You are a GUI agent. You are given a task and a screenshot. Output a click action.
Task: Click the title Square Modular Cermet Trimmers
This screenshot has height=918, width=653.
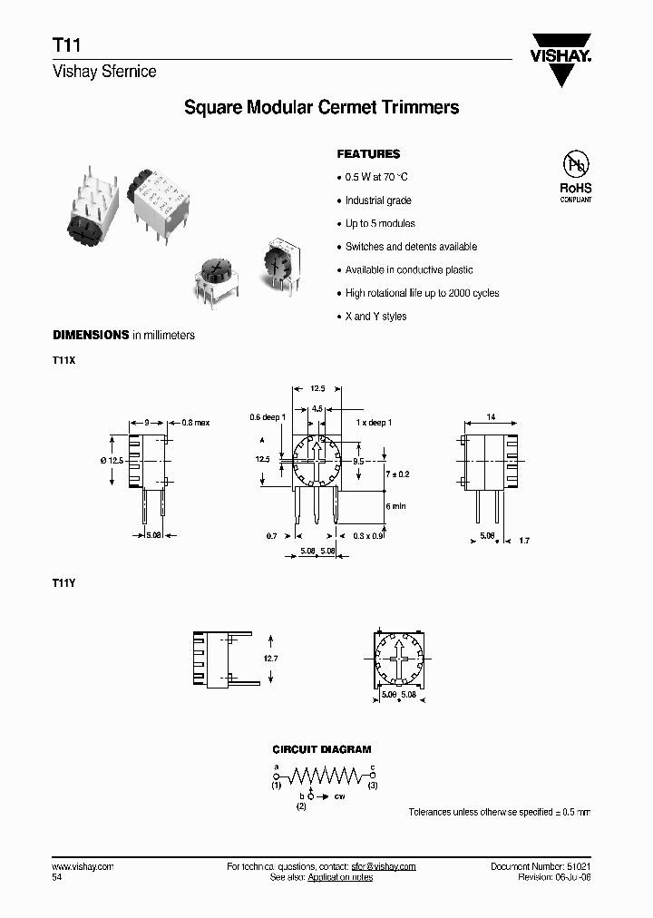click(x=321, y=108)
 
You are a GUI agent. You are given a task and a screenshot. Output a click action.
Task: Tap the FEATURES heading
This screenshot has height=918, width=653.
click(x=368, y=154)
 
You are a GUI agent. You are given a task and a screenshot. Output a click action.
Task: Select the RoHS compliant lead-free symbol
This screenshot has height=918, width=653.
click(x=575, y=176)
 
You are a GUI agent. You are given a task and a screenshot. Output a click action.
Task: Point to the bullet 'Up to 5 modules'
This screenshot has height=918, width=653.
click(x=380, y=223)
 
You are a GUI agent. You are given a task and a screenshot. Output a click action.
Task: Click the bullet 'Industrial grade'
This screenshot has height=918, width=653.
click(x=378, y=200)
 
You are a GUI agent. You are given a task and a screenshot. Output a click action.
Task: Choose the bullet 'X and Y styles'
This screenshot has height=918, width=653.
click(x=375, y=317)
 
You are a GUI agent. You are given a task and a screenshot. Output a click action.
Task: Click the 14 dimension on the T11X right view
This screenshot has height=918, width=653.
click(x=491, y=416)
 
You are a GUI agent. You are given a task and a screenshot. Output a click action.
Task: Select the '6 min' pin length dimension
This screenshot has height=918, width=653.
click(x=395, y=505)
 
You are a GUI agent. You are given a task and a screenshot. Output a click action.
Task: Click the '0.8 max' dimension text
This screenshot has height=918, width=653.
click(x=195, y=423)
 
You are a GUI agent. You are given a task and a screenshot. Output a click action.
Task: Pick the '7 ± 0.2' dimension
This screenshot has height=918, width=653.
click(x=399, y=474)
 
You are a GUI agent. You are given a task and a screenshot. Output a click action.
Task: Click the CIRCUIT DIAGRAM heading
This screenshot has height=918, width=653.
click(x=322, y=750)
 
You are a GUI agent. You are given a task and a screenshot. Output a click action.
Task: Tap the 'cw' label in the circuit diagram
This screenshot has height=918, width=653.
click(x=340, y=796)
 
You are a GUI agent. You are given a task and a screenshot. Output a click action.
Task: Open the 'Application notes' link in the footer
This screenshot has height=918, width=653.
click(x=340, y=878)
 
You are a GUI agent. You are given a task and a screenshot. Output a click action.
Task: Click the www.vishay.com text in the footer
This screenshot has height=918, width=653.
click(x=83, y=867)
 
